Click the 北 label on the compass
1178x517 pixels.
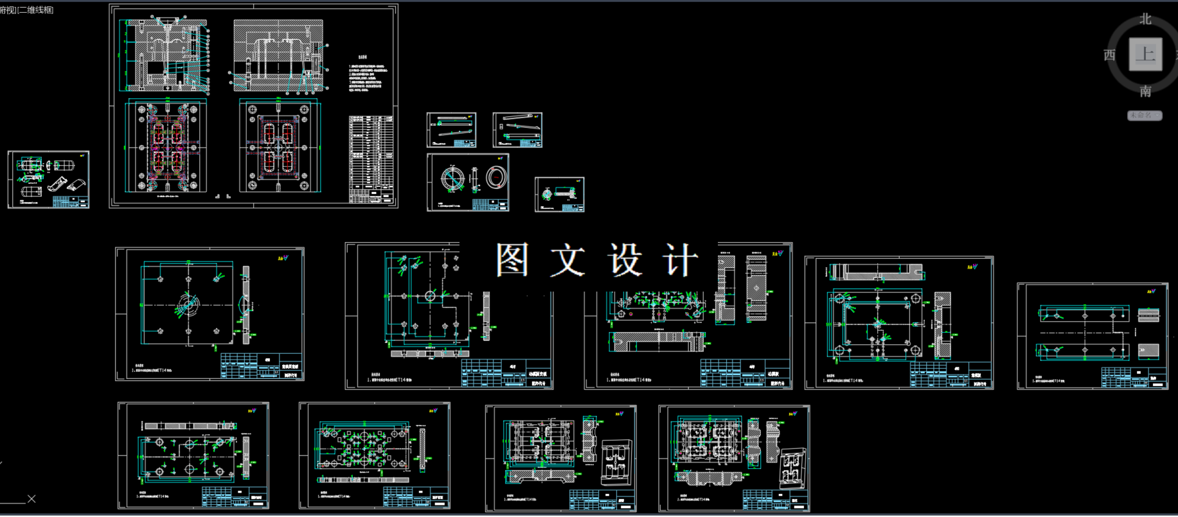click(x=1145, y=19)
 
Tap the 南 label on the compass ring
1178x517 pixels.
click(x=1145, y=92)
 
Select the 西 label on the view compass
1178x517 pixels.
click(x=1109, y=55)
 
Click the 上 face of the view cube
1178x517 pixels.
click(x=1145, y=55)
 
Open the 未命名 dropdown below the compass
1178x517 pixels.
click(x=1144, y=116)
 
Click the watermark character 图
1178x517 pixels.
click(x=512, y=260)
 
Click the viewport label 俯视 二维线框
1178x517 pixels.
click(x=27, y=10)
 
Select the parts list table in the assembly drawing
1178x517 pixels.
click(x=370, y=157)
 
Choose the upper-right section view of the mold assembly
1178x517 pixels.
click(x=278, y=55)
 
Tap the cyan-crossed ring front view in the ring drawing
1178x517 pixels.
click(x=452, y=178)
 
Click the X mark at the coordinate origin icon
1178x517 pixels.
click(x=31, y=499)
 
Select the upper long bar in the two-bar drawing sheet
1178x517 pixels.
click(x=1084, y=315)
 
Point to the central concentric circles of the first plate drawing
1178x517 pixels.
click(x=188, y=304)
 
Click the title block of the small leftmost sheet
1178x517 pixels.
click(x=70, y=202)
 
